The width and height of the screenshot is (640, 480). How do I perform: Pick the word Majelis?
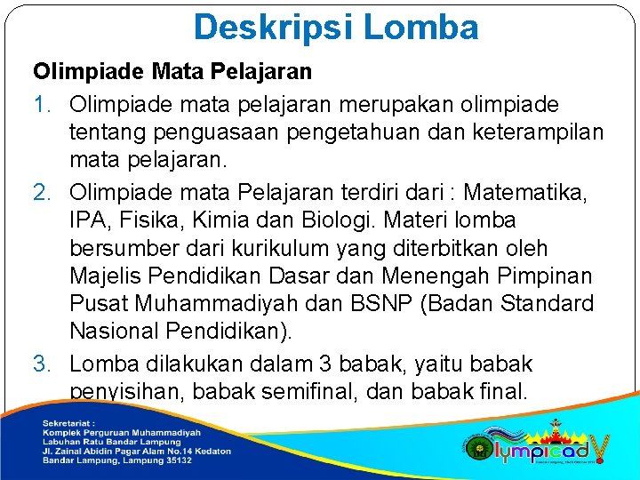click(x=106, y=277)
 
